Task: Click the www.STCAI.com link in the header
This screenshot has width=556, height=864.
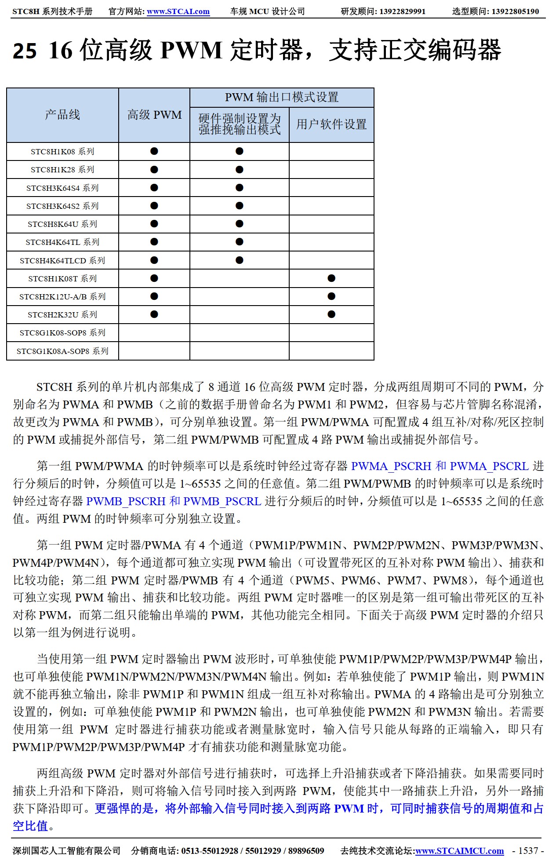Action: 178,11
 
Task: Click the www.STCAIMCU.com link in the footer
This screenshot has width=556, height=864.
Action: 459,851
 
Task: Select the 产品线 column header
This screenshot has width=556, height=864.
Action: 62,115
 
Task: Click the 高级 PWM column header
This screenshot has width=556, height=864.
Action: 154,115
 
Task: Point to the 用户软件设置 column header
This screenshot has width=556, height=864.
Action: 331,124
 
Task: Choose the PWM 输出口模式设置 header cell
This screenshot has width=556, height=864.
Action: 282,97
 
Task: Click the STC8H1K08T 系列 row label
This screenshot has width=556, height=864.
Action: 62,278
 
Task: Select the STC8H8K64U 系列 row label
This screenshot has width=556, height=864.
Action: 62,224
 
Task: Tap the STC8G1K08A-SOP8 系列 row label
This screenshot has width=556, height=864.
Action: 62,351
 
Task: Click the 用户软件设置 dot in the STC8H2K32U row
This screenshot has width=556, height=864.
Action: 331,314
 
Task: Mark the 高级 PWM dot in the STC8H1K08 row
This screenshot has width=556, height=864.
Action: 154,151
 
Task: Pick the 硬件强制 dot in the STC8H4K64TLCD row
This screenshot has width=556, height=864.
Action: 240,260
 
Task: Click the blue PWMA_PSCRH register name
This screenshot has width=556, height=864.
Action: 391,466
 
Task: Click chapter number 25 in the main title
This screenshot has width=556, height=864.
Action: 25,51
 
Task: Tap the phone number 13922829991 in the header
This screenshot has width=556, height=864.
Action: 402,11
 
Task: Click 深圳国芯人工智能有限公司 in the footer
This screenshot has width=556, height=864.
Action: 66,851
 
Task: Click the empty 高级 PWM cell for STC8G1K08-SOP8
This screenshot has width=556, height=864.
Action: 154,333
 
